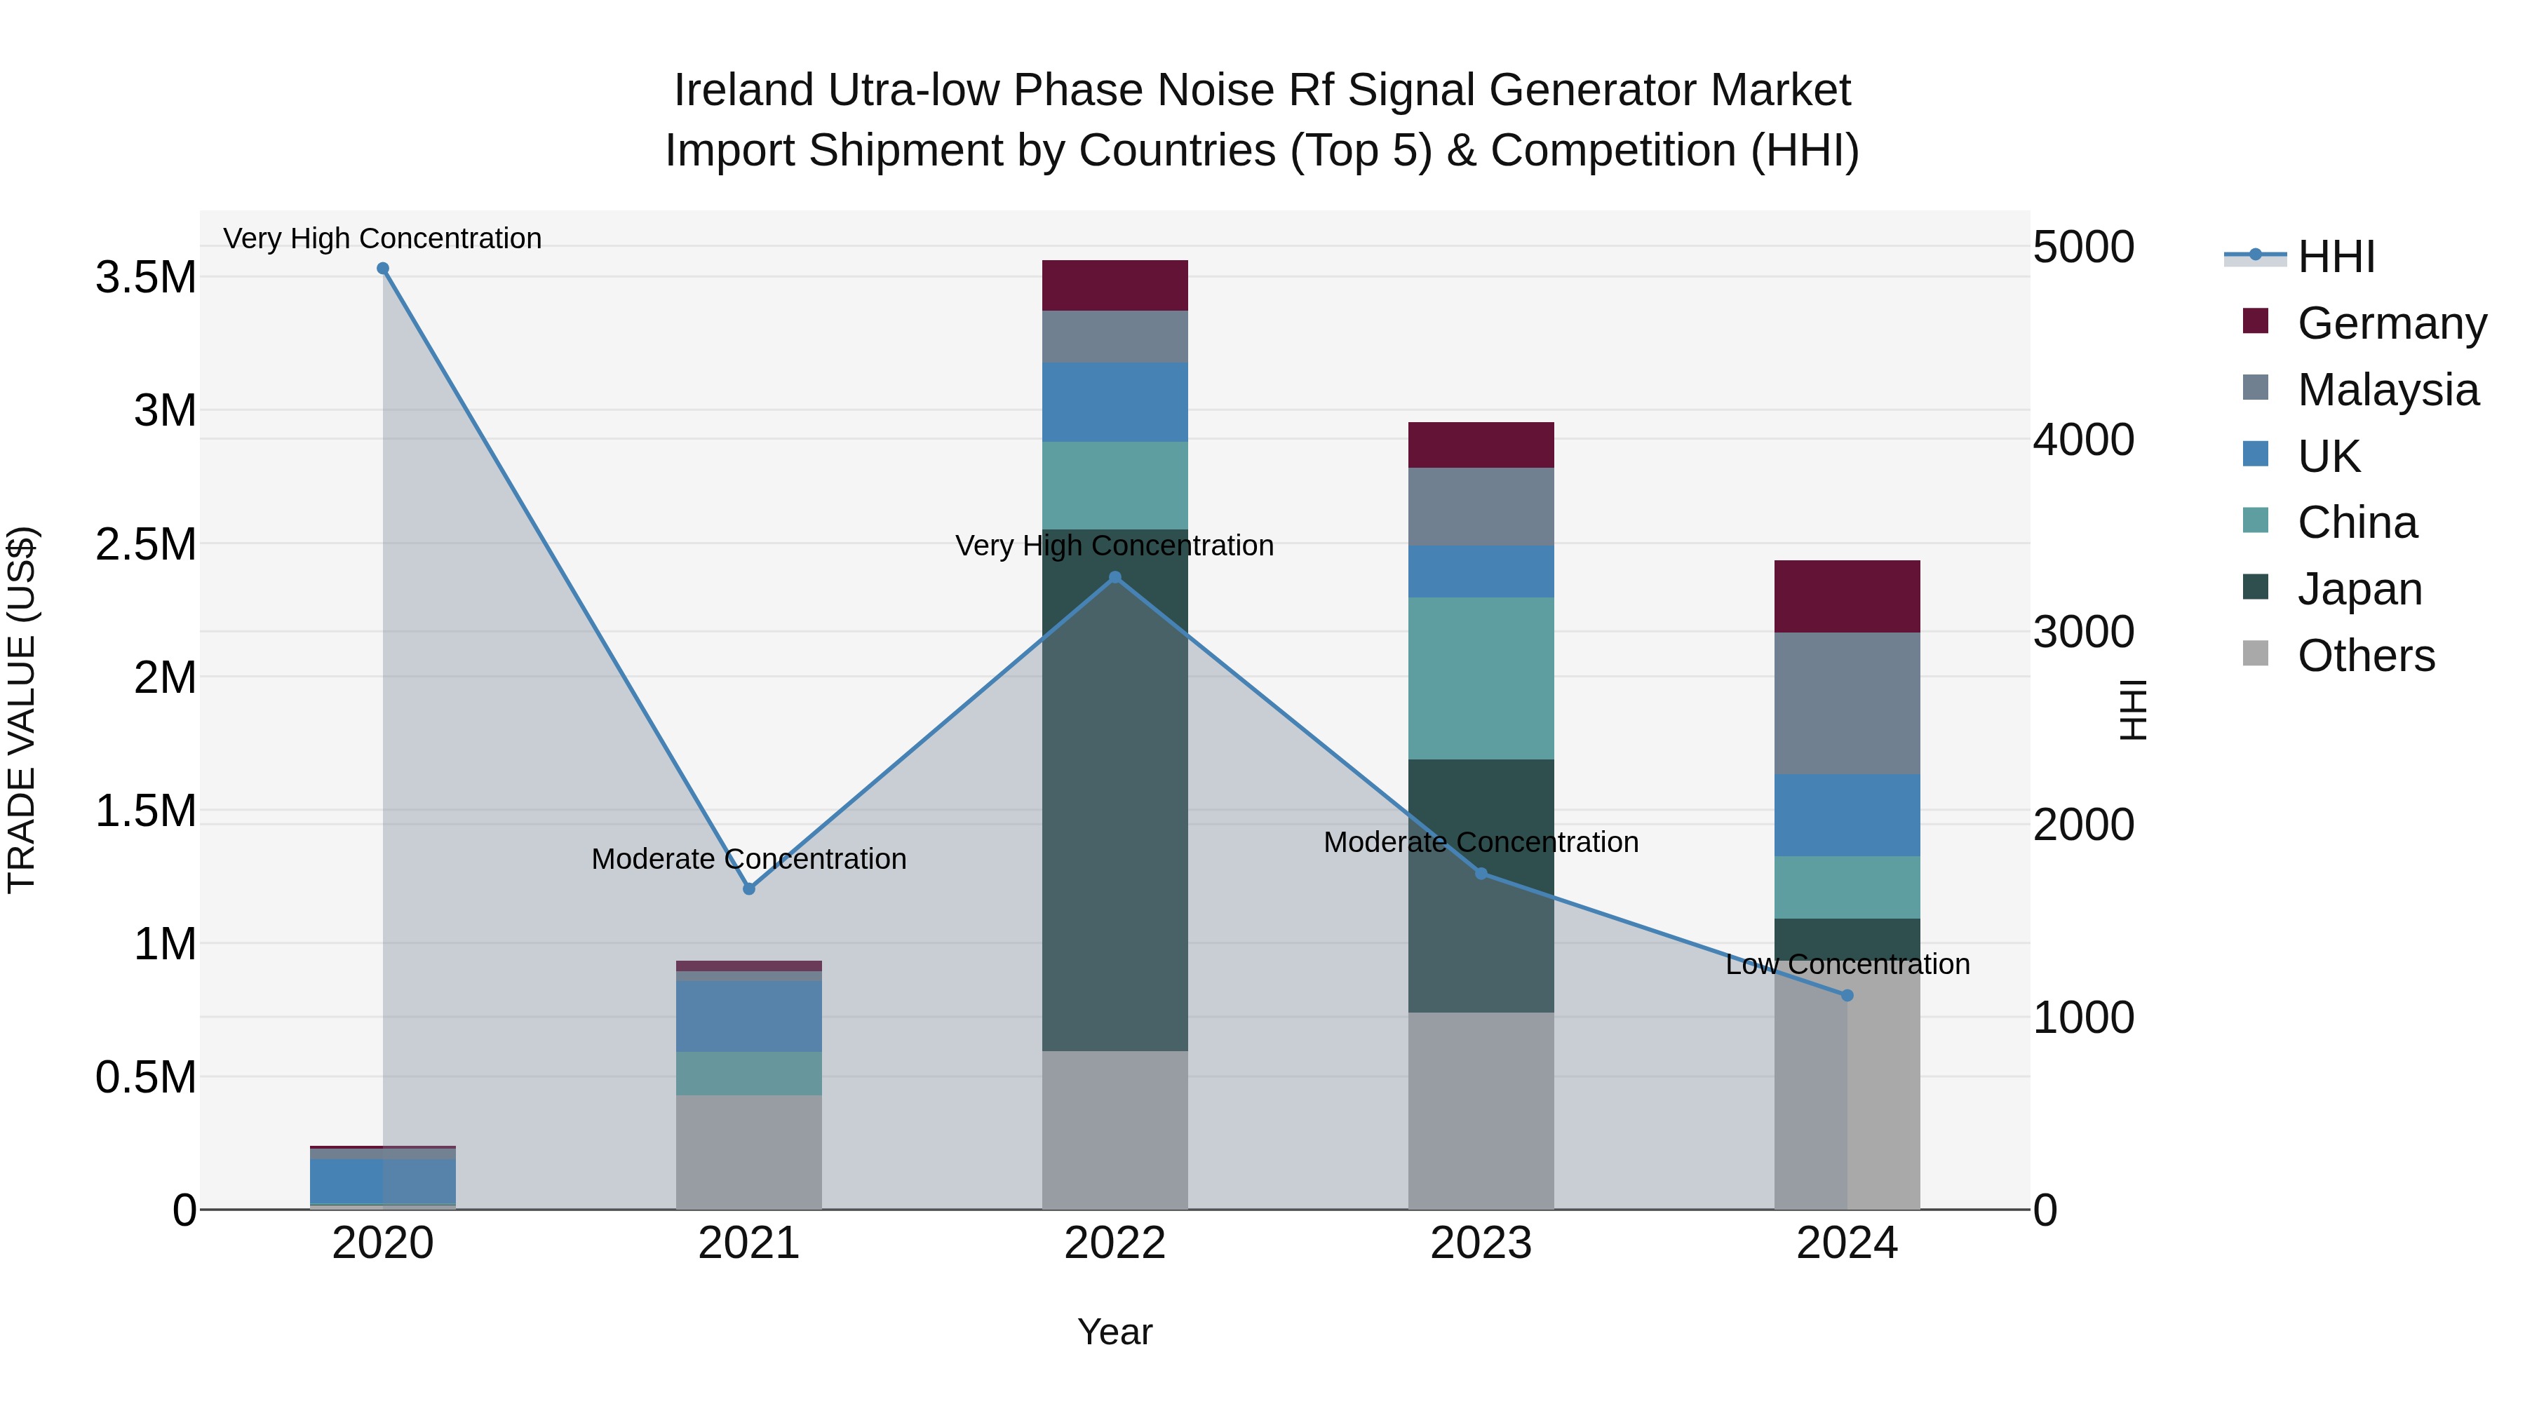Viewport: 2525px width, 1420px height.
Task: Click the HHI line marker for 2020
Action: tap(382, 269)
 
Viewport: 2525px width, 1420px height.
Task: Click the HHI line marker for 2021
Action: tap(749, 889)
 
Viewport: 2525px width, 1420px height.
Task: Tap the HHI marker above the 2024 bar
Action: tap(1847, 996)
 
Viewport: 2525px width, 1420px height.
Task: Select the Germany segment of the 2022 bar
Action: tap(1115, 285)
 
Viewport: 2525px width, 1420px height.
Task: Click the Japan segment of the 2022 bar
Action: tap(1115, 789)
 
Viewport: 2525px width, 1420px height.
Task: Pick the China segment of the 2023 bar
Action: tap(1481, 678)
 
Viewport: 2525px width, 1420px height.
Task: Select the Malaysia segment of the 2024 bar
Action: tap(1847, 703)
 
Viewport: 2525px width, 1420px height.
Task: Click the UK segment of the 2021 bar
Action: tap(749, 1016)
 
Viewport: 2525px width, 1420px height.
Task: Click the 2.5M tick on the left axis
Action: tap(146, 544)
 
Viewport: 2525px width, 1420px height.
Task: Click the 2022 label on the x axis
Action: tap(1115, 1243)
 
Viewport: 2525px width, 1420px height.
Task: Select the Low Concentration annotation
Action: tap(1847, 964)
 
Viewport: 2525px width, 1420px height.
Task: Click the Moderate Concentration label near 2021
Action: tap(749, 860)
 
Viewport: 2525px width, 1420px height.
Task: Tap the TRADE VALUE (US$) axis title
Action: tap(22, 710)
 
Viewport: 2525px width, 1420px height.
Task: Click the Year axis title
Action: tap(1115, 1332)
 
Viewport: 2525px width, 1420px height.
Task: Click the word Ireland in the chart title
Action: tap(743, 90)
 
